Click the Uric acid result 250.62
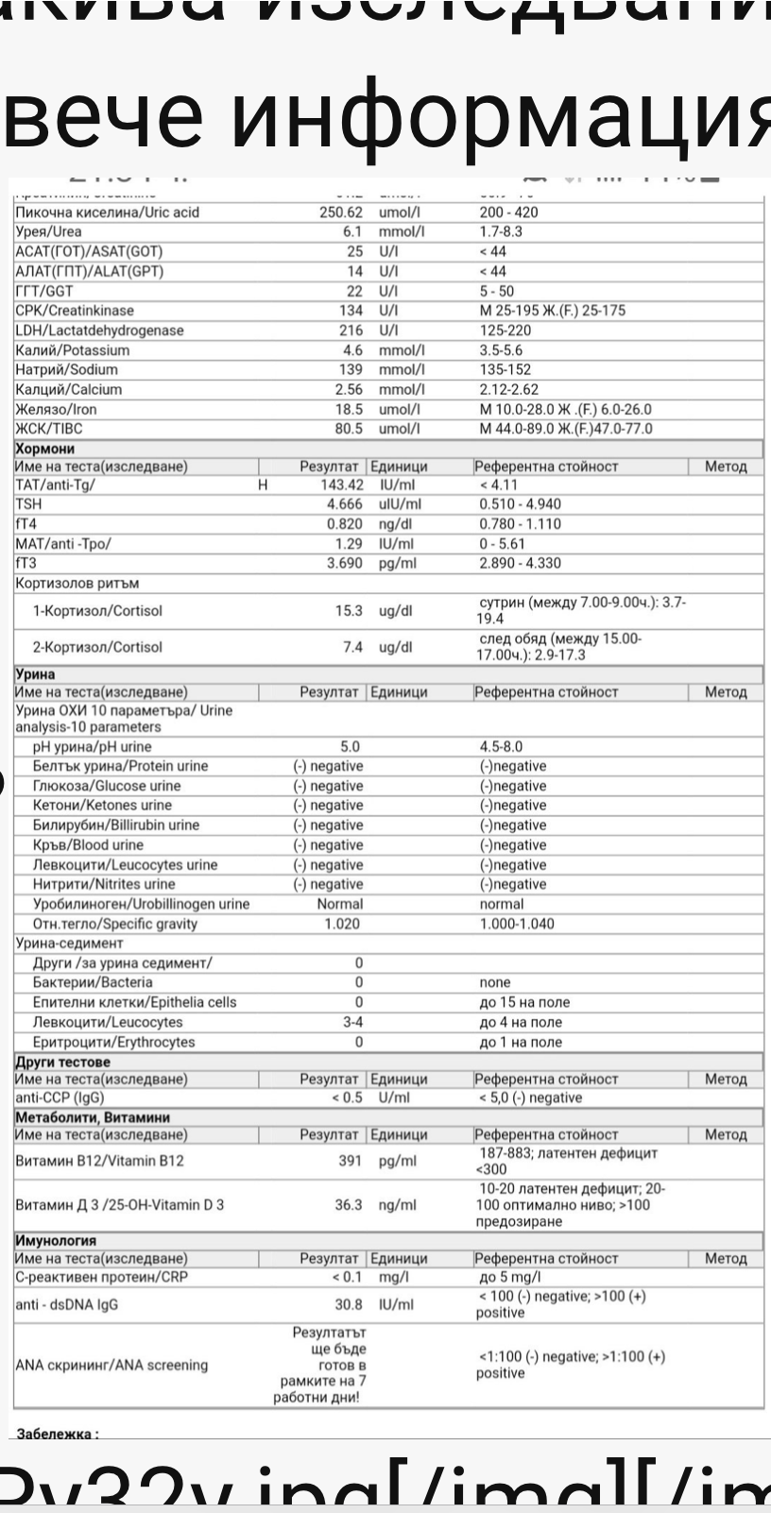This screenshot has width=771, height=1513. coord(340,212)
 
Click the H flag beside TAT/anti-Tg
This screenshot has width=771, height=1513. coord(263,484)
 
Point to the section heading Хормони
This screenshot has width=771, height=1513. coord(44,449)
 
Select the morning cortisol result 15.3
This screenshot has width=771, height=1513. coord(349,611)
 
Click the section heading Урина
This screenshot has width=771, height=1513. coord(35,674)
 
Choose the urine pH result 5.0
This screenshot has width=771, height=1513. coord(350,747)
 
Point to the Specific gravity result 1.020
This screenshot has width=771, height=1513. coord(342,924)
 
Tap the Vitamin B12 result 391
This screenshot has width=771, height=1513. coord(351,1161)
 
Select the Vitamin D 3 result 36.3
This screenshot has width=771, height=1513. coord(349,1205)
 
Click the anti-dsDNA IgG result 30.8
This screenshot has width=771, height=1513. coord(349,1304)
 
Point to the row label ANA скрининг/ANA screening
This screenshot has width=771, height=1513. coord(111,1365)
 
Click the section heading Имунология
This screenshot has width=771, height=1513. coord(56,1240)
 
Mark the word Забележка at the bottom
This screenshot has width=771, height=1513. coord(56,1434)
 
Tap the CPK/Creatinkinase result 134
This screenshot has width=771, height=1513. coord(351,311)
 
